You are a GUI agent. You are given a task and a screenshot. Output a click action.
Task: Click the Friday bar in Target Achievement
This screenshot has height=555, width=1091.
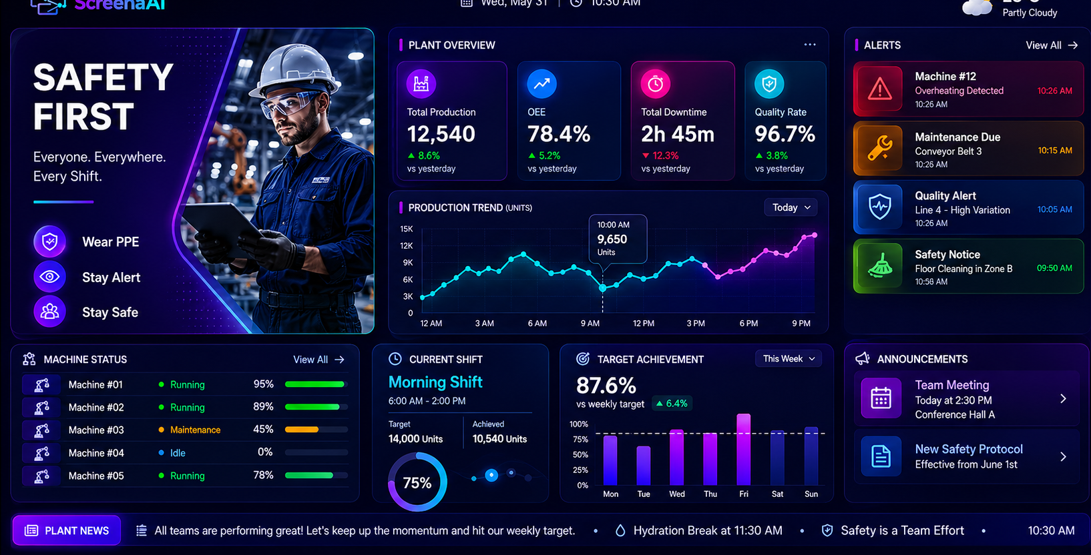(743, 450)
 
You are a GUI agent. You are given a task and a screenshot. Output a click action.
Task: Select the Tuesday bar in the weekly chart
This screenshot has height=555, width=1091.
(644, 466)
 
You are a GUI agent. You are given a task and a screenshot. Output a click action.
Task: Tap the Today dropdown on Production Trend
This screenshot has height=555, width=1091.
(791, 207)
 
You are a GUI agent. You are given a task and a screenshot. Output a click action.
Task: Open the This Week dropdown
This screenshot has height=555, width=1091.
(789, 359)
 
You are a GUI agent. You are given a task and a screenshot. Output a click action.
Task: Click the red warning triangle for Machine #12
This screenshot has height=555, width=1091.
(879, 90)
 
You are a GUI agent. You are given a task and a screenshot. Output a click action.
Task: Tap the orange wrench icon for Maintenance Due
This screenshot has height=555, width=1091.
(879, 148)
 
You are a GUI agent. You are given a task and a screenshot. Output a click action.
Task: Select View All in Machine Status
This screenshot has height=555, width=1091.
(318, 360)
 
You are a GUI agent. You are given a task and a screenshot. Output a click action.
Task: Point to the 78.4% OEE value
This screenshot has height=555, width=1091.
(559, 134)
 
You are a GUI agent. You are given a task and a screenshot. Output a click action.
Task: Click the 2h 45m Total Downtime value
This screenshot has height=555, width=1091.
(678, 134)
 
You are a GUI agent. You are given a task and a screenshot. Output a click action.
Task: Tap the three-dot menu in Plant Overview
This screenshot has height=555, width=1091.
(809, 45)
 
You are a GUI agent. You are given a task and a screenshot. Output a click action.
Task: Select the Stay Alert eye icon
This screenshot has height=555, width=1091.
(49, 277)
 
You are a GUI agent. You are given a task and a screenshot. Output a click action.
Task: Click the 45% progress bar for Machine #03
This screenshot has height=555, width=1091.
(316, 430)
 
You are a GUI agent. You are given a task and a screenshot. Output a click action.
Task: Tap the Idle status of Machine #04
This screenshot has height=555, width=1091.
(178, 453)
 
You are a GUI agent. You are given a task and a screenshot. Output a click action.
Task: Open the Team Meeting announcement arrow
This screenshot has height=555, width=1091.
(1063, 399)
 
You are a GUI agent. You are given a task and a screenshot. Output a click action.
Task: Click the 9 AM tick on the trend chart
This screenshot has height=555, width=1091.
(590, 324)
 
